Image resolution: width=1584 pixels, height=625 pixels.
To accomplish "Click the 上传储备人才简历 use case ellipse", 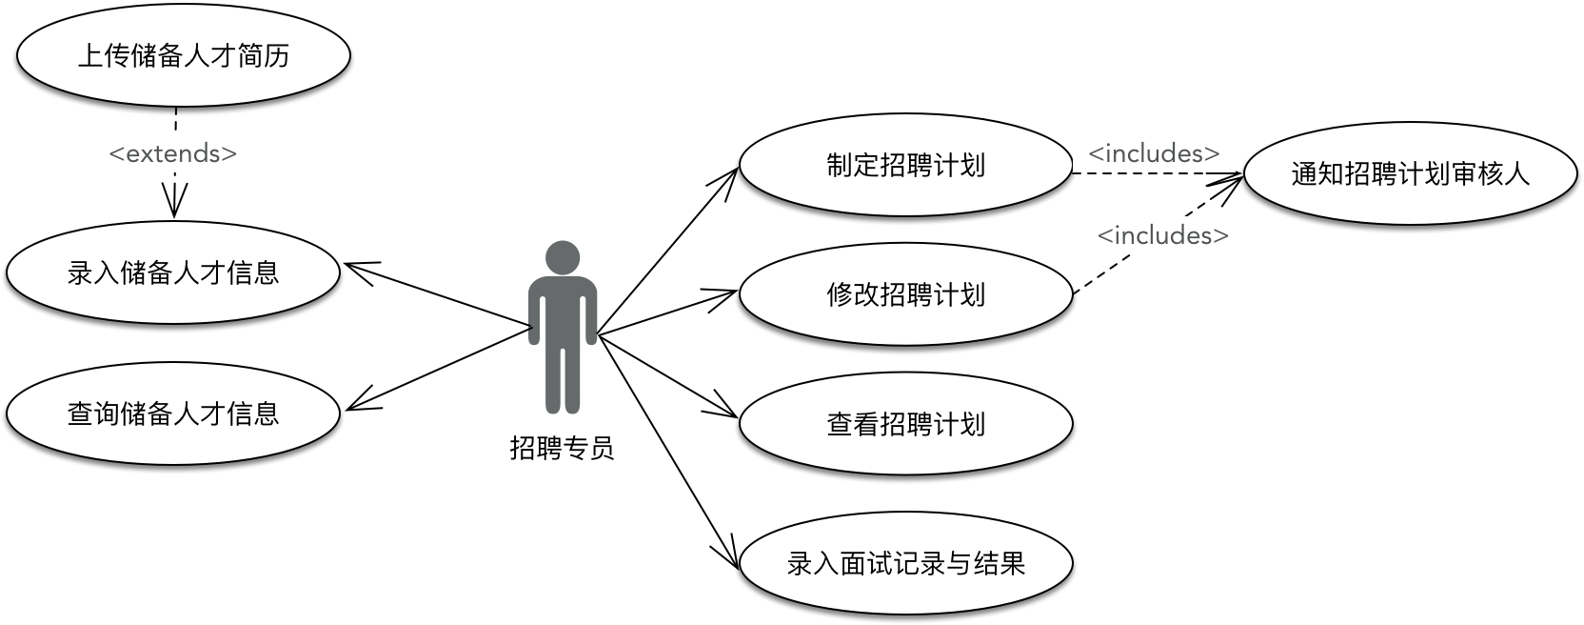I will click(183, 55).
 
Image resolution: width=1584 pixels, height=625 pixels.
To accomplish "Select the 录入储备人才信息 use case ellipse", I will click(173, 272).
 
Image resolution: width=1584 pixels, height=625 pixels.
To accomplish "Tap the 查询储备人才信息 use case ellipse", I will click(173, 413).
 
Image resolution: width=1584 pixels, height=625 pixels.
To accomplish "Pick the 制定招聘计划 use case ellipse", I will click(905, 166).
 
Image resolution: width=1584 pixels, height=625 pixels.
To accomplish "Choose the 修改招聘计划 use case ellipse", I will click(905, 294).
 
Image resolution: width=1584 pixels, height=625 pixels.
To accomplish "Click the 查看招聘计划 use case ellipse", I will click(905, 423).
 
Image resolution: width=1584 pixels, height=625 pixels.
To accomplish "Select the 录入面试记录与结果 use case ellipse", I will click(905, 563).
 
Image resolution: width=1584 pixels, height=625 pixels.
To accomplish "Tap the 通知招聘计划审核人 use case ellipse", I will click(1410, 173).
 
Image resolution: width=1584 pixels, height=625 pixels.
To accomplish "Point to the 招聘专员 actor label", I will click(563, 448).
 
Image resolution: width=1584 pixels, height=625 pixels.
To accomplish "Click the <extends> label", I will click(173, 153).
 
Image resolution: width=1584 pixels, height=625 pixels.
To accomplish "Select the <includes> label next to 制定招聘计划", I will click(1154, 153).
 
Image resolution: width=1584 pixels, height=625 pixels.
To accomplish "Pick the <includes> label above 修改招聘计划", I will click(1162, 235).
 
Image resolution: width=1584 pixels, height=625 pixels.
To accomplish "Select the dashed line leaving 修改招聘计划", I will click(1123, 263).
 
